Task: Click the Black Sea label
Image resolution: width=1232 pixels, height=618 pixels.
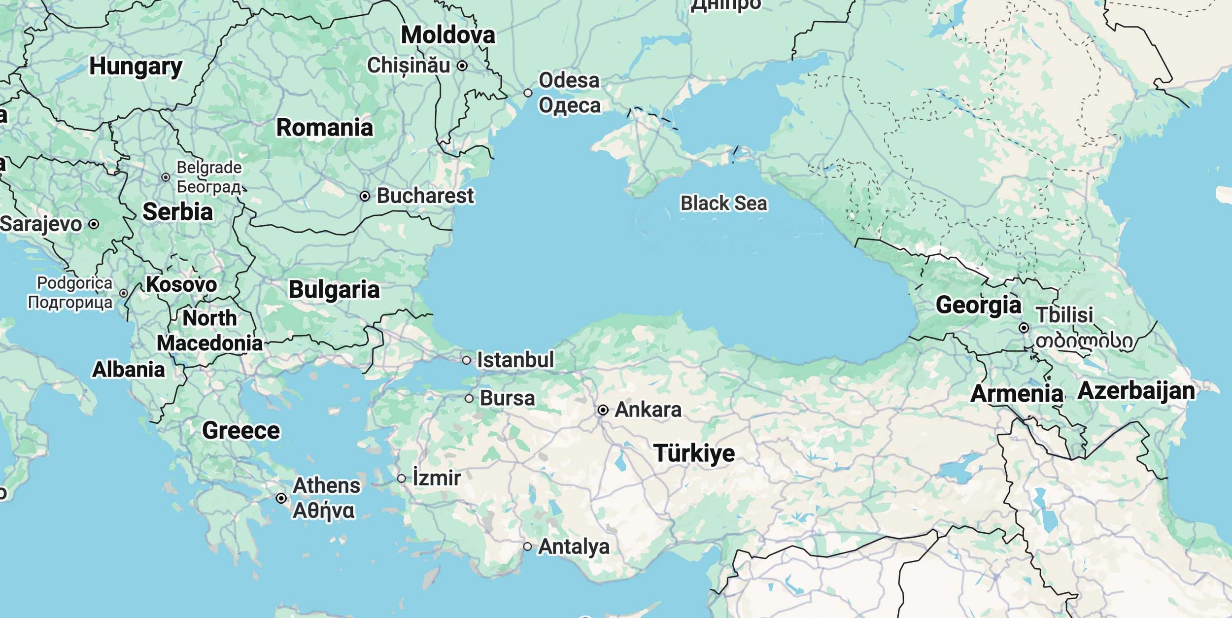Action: [x=723, y=203]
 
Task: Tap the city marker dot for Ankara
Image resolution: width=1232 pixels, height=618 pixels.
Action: [x=603, y=410]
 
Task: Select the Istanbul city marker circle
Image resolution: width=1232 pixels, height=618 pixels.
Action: [x=466, y=360]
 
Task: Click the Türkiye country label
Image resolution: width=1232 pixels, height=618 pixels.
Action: [x=694, y=453]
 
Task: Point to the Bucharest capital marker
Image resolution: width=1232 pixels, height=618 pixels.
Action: [x=365, y=196]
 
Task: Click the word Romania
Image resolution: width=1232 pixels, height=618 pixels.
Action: [x=325, y=128]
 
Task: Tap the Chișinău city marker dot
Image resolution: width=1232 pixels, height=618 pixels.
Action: [x=462, y=66]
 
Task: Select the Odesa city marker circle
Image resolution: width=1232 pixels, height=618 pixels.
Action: [x=528, y=93]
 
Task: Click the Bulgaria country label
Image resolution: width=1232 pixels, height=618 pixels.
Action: [x=334, y=289]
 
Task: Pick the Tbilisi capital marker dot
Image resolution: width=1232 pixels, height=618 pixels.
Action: [x=1024, y=328]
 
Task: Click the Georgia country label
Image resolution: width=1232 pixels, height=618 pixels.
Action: [x=978, y=305]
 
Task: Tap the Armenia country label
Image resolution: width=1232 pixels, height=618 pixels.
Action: [x=1017, y=393]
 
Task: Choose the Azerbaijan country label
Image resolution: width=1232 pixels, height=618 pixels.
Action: [x=1136, y=391]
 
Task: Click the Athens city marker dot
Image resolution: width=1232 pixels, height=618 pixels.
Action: [x=281, y=498]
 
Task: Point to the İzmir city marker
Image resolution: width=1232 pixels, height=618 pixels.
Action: [x=402, y=479]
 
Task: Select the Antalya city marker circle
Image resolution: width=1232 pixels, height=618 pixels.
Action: [x=527, y=547]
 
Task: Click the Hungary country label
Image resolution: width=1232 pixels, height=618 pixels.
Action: [x=136, y=66]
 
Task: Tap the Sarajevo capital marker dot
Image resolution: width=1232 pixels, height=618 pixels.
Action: [x=94, y=224]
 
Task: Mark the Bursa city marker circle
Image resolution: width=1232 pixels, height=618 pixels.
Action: [x=469, y=398]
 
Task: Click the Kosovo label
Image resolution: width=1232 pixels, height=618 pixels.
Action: [x=181, y=284]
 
